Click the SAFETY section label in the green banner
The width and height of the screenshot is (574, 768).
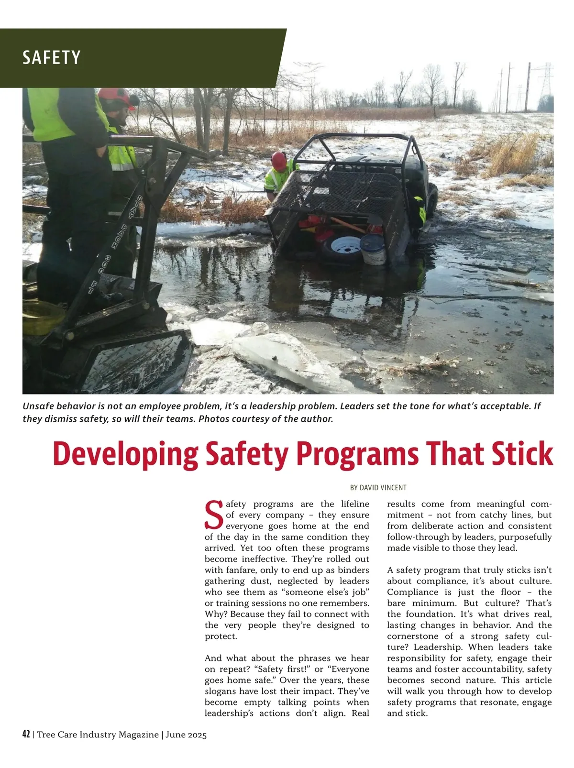pos(51,58)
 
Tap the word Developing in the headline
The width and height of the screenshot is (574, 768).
pos(125,454)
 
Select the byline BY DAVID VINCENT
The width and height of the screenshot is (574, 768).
pos(378,488)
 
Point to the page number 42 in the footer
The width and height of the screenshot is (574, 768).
pos(26,735)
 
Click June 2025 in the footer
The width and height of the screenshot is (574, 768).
pos(186,735)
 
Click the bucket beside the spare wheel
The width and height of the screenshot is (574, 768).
pos(374,249)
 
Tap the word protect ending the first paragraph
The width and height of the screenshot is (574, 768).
pos(220,636)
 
